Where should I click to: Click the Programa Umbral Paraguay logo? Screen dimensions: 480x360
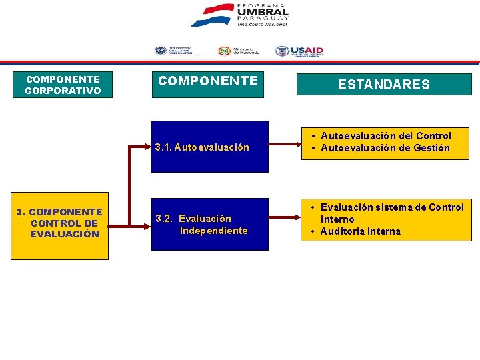pos(239,15)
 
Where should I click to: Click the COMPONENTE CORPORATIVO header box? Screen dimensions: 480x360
pos(63,85)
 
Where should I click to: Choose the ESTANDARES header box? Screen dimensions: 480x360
pos(383,85)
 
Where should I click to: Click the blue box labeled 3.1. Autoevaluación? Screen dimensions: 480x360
pos(209,147)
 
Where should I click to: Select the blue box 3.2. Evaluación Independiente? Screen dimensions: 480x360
pos(209,224)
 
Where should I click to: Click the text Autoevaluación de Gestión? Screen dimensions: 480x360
pos(385,148)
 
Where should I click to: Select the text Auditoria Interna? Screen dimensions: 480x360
pos(360,231)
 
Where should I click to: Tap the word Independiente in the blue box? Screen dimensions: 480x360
pos(213,231)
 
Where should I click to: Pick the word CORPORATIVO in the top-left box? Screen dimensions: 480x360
pos(63,91)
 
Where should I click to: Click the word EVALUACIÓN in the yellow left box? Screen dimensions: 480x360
pos(64,234)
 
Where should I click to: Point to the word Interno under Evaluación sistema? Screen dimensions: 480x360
pos(337,219)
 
